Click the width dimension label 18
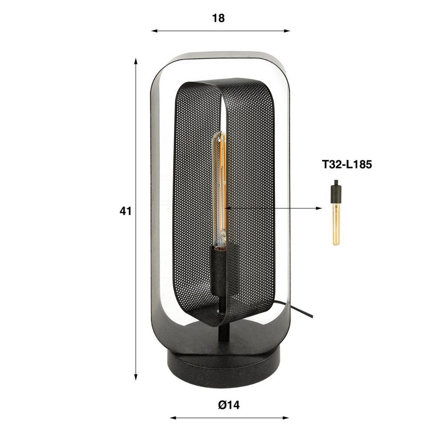pos(219,18)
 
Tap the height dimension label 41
pos(126,211)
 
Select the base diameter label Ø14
pos(229,405)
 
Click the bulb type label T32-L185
pos(347,164)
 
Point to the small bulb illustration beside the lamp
pos(337,213)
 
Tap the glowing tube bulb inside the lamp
pos(220,189)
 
